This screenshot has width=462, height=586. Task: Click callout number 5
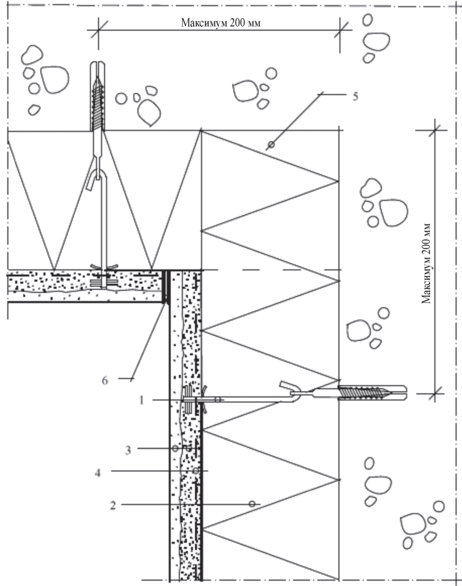click(x=355, y=96)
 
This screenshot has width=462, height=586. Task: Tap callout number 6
click(x=105, y=381)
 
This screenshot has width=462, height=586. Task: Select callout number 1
click(x=142, y=400)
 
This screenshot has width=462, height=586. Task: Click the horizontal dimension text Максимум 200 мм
click(x=221, y=23)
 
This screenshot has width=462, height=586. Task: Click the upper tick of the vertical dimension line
click(x=435, y=130)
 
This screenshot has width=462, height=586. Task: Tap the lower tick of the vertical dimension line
click(x=435, y=394)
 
